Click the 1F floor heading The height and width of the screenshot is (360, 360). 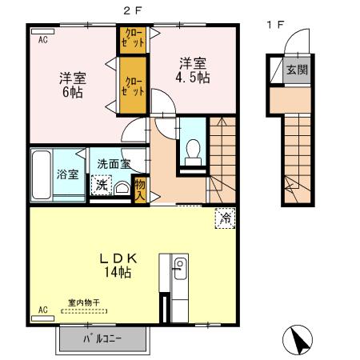click(275, 24)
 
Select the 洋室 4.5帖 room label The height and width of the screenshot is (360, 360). click(192, 70)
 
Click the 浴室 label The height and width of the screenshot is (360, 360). click(66, 174)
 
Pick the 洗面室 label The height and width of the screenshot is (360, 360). click(114, 163)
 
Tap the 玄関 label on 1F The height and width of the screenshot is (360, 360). click(297, 70)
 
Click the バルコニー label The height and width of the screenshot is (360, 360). click(104, 339)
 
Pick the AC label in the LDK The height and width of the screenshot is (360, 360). click(43, 307)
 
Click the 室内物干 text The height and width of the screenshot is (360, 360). click(82, 302)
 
